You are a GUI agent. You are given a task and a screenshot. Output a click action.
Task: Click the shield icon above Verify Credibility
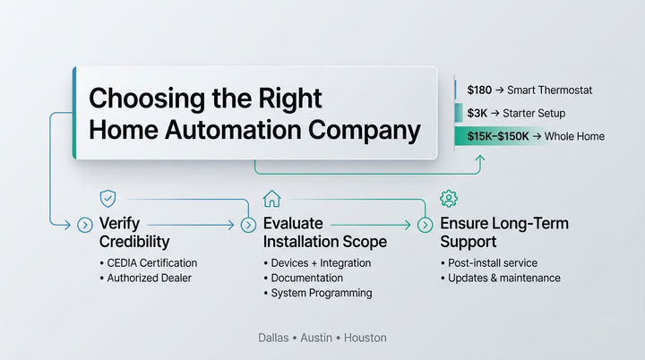coord(107,198)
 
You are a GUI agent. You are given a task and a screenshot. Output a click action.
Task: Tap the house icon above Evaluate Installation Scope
coord(271,198)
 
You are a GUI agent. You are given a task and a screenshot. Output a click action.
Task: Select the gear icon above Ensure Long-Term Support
coord(448,198)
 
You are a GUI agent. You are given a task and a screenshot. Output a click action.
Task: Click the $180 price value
coord(480,90)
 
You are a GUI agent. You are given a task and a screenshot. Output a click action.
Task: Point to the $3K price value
coord(477,114)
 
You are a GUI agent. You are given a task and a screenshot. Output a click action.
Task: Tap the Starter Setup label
coord(533,114)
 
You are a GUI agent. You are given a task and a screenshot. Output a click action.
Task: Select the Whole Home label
coord(574,136)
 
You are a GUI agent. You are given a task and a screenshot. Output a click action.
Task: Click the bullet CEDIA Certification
coord(151,263)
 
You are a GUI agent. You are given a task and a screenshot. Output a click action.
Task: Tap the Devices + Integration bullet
coord(320,263)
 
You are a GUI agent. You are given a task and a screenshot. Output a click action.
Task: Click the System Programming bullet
coord(321,294)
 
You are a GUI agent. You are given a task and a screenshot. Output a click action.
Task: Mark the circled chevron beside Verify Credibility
coord(84,225)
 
